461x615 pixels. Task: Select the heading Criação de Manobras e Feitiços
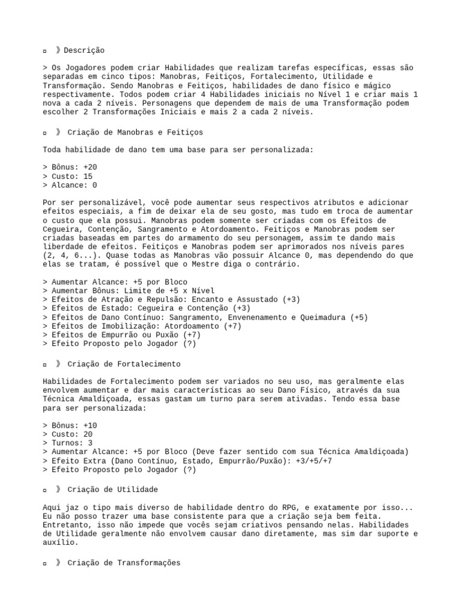click(135, 132)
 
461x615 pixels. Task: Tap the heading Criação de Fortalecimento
click(124, 364)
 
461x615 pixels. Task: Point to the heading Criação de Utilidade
click(112, 489)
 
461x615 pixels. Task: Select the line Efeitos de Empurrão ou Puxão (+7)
click(122, 335)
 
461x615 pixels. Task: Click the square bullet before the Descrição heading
click(45, 51)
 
